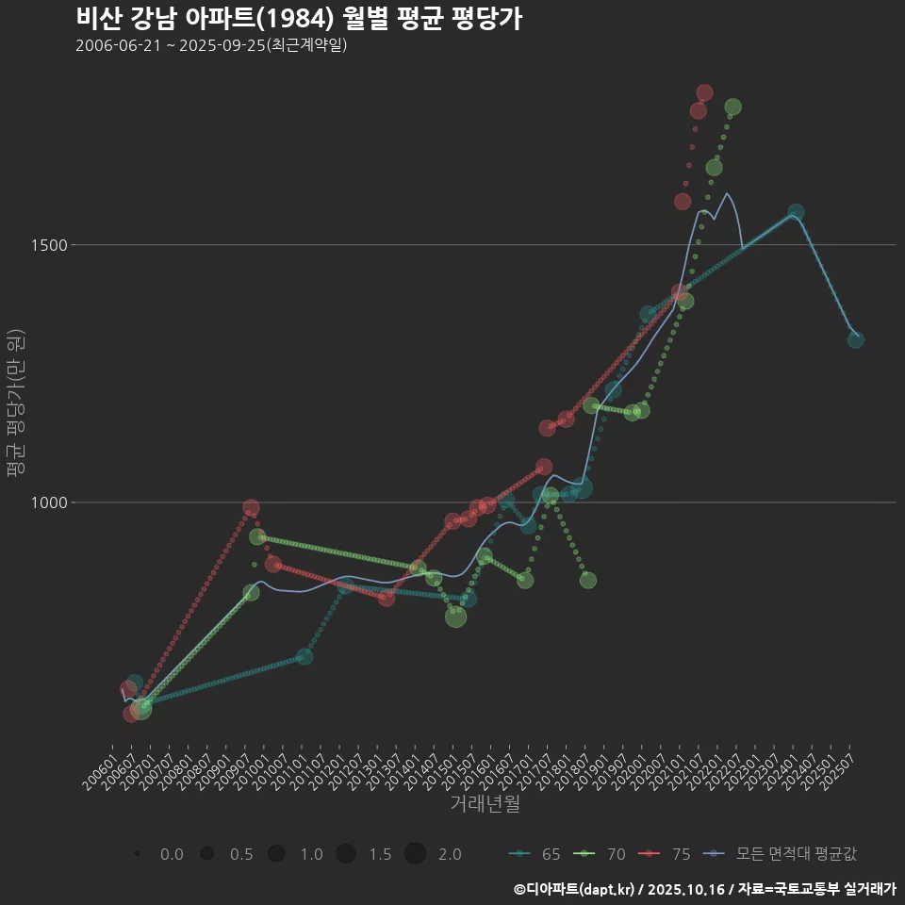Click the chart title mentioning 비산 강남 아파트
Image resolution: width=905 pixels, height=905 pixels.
click(x=298, y=19)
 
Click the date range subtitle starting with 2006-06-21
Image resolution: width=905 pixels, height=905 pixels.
click(x=212, y=45)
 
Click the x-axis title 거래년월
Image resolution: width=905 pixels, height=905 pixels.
click(x=485, y=804)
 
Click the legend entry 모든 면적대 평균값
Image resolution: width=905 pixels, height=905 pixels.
click(x=784, y=854)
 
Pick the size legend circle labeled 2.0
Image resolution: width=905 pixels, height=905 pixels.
click(x=416, y=854)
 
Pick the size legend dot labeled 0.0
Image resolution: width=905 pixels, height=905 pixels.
click(x=138, y=854)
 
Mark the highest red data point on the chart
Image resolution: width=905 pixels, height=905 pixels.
click(x=704, y=92)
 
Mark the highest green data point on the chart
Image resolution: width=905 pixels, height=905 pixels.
click(x=732, y=107)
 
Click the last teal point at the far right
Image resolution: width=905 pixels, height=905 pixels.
click(x=855, y=339)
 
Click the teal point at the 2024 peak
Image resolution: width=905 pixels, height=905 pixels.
click(x=796, y=212)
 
